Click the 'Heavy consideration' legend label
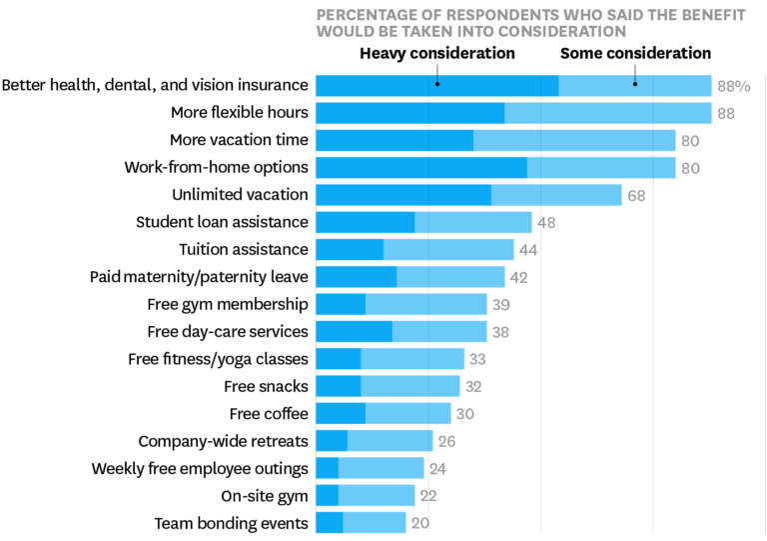coord(437,53)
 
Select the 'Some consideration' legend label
coord(635,53)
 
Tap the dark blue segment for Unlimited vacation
coord(403,194)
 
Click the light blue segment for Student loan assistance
coord(472,222)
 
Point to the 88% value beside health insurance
coord(734,86)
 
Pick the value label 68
coord(636,195)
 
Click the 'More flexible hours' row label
coord(239,112)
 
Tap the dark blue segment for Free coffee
coord(341,413)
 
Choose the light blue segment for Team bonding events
coord(375,522)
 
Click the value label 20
coord(420,523)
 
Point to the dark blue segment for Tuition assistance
coord(350,249)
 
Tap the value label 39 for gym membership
coord(501,304)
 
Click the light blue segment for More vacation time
coord(574,140)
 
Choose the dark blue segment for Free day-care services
coord(354,331)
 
